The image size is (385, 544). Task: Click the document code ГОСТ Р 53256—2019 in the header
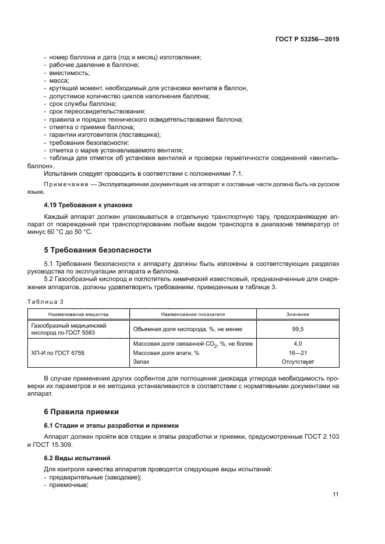click(307, 40)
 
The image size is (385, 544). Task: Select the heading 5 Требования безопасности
click(98, 250)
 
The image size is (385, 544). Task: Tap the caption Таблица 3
click(45, 301)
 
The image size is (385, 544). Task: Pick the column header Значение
click(297, 315)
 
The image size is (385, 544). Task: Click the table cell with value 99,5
click(297, 328)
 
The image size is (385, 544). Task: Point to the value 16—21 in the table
click(297, 353)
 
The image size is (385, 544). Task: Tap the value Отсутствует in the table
click(297, 361)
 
